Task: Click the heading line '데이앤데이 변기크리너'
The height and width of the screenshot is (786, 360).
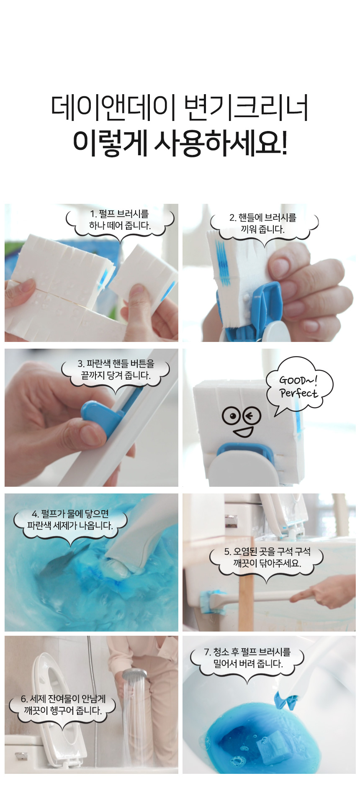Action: (180, 108)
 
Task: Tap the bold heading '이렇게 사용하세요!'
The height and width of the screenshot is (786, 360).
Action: (180, 142)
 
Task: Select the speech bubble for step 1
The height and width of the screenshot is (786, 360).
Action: (120, 223)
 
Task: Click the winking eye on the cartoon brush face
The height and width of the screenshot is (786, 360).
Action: (252, 416)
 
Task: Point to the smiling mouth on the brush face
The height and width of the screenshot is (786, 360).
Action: (243, 432)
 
